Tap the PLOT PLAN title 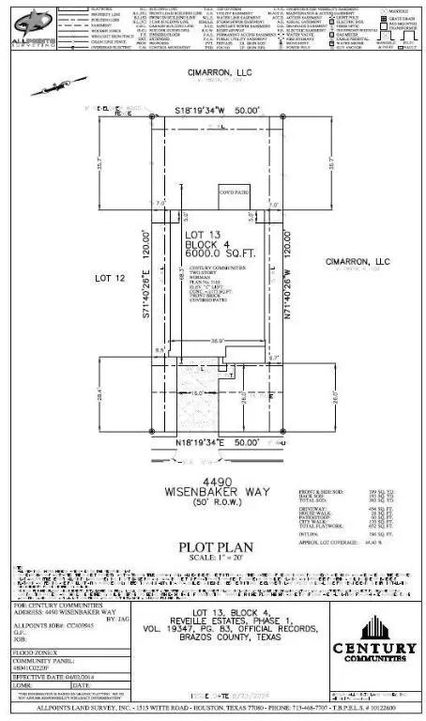click(213, 545)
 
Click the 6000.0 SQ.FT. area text click(211, 253)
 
